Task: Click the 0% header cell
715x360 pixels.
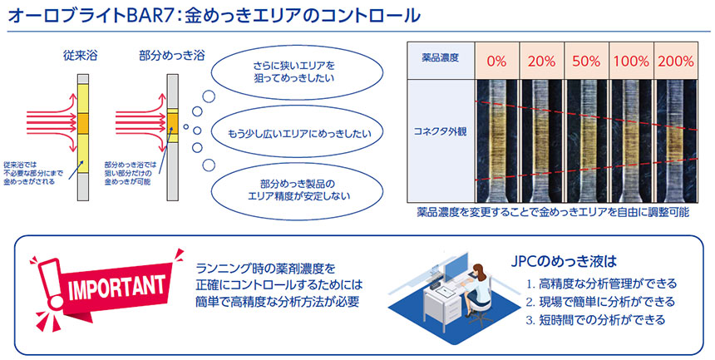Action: point(496,61)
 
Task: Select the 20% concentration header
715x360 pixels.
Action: point(541,61)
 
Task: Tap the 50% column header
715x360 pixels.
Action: point(586,61)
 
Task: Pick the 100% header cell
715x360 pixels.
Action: point(631,61)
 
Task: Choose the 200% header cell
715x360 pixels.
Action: point(675,61)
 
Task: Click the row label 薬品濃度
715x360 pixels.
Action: point(441,58)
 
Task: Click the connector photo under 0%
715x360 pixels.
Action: point(496,141)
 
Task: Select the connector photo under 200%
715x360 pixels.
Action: point(675,141)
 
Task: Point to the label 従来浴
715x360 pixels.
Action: point(80,57)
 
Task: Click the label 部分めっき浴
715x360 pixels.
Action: point(172,57)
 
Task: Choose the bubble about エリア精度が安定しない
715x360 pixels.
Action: point(298,190)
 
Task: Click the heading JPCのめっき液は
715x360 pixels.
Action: point(564,262)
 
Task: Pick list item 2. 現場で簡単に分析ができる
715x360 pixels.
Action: point(600,301)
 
